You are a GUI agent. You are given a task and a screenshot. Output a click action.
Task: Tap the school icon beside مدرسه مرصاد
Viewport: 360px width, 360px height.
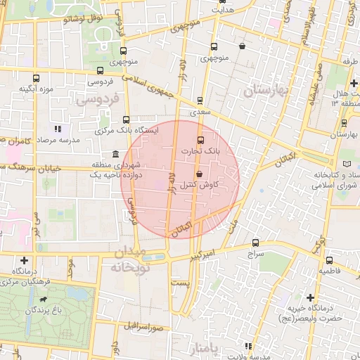coord(57,129)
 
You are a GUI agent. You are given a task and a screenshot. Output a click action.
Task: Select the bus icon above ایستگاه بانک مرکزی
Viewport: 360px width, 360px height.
coord(127,120)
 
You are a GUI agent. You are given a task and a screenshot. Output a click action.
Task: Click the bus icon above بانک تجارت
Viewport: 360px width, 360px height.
coord(200,139)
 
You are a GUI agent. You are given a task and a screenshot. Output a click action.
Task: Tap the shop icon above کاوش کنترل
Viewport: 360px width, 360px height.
coord(199,174)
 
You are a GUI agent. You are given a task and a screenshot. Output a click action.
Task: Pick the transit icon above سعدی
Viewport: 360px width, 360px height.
coord(200,100)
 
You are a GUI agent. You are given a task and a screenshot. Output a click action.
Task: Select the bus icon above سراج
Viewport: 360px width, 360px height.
coord(255,243)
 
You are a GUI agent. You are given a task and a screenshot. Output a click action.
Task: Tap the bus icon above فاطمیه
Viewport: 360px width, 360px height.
coord(328,258)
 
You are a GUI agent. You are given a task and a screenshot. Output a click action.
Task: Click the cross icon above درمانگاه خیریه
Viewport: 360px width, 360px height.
coord(310,297)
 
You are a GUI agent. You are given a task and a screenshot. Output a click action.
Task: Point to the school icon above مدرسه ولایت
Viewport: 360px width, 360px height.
coord(247,346)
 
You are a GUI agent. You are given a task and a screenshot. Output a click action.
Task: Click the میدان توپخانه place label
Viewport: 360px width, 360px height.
coord(128,259)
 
